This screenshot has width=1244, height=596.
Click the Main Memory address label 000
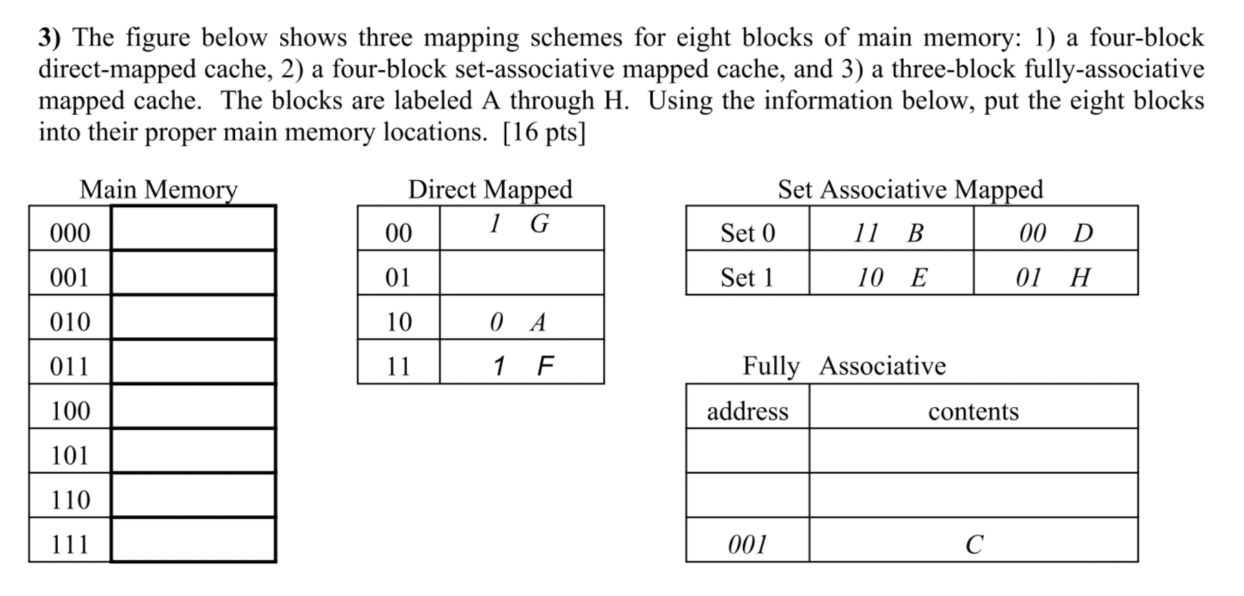pyautogui.click(x=70, y=233)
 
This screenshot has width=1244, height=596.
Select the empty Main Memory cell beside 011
pyautogui.click(x=193, y=362)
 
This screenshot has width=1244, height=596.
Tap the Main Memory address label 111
pyautogui.click(x=70, y=545)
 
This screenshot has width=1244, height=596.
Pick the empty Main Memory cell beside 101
pyautogui.click(x=193, y=451)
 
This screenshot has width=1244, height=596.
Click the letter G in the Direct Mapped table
pyautogui.click(x=540, y=224)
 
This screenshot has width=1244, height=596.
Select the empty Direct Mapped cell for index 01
pyautogui.click(x=521, y=273)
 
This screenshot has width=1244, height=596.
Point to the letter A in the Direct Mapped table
pyautogui.click(x=538, y=323)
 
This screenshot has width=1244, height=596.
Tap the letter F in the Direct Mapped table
pyautogui.click(x=545, y=366)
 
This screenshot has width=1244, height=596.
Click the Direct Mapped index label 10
pyautogui.click(x=398, y=322)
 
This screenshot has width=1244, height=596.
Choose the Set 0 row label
pyautogui.click(x=748, y=233)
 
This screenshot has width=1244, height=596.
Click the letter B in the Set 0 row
pyautogui.click(x=916, y=234)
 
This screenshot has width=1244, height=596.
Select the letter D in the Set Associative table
pyautogui.click(x=1084, y=234)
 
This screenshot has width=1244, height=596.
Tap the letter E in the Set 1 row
pyautogui.click(x=919, y=278)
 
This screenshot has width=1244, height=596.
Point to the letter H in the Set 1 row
pyautogui.click(x=1080, y=278)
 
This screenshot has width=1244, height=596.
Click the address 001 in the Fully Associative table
pyautogui.click(x=748, y=545)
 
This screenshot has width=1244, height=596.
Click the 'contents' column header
pyautogui.click(x=973, y=412)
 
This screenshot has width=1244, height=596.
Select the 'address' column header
pyautogui.click(x=748, y=412)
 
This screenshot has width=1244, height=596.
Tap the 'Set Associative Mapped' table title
pyautogui.click(x=910, y=189)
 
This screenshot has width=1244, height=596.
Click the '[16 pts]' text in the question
pyautogui.click(x=544, y=132)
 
